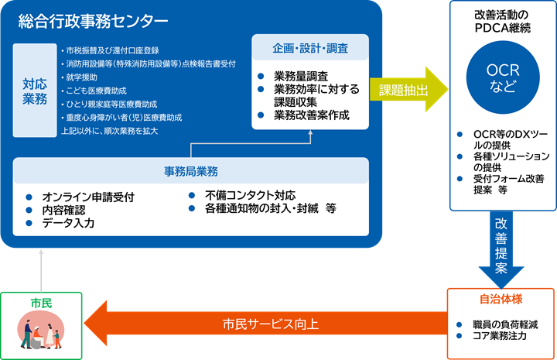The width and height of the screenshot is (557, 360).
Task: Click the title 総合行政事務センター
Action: tap(94, 21)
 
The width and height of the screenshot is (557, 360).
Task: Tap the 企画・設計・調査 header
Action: tap(309, 48)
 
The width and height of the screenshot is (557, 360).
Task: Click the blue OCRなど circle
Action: tap(501, 77)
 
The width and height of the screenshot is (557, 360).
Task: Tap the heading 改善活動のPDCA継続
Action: tap(502, 22)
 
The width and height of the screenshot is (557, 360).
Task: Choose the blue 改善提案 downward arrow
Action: tap(501, 244)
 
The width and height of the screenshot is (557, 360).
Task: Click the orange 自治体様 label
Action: tap(501, 298)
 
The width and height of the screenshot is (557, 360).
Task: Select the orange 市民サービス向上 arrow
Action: tap(263, 324)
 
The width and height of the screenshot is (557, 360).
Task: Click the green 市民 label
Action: tap(41, 303)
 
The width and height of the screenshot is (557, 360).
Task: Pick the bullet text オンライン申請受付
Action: tap(88, 197)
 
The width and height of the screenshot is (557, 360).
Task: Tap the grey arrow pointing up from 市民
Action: tap(39, 270)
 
